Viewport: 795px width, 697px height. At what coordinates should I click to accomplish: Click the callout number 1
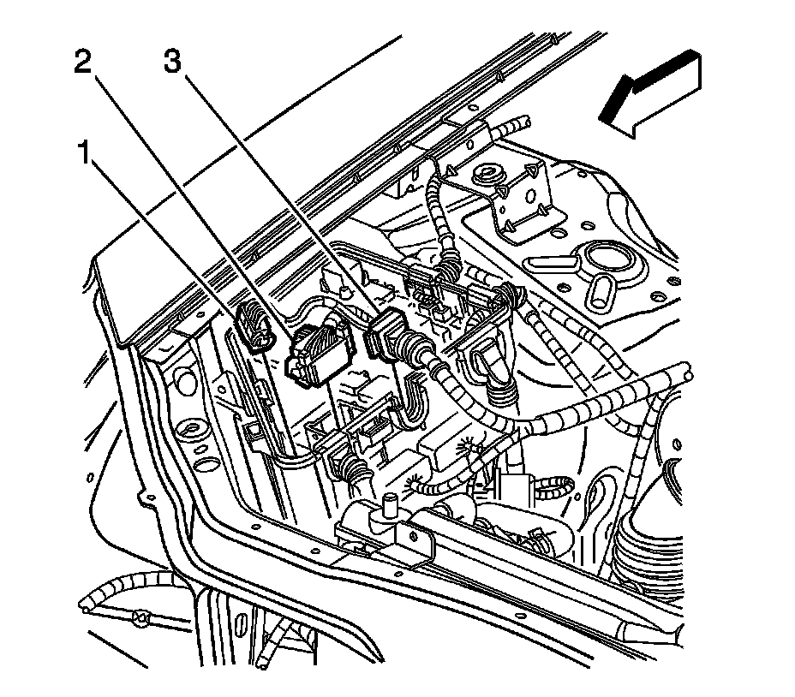[83, 155]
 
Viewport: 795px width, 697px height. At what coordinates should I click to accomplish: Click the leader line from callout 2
[197, 206]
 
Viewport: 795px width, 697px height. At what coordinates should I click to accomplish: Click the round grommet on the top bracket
[490, 176]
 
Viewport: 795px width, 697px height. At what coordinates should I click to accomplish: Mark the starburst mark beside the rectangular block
[467, 445]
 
